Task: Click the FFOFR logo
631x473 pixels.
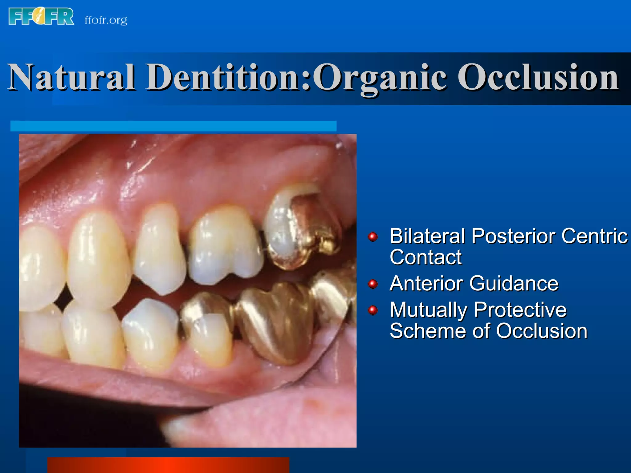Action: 41,17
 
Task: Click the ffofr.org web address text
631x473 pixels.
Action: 106,20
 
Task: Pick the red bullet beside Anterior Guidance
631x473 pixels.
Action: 373,284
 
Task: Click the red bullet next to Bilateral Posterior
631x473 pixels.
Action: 373,237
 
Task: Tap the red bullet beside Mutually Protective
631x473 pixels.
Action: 373,310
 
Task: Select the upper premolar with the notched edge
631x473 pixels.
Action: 225,246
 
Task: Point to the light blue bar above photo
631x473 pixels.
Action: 173,126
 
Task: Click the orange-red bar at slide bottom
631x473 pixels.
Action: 168,465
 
